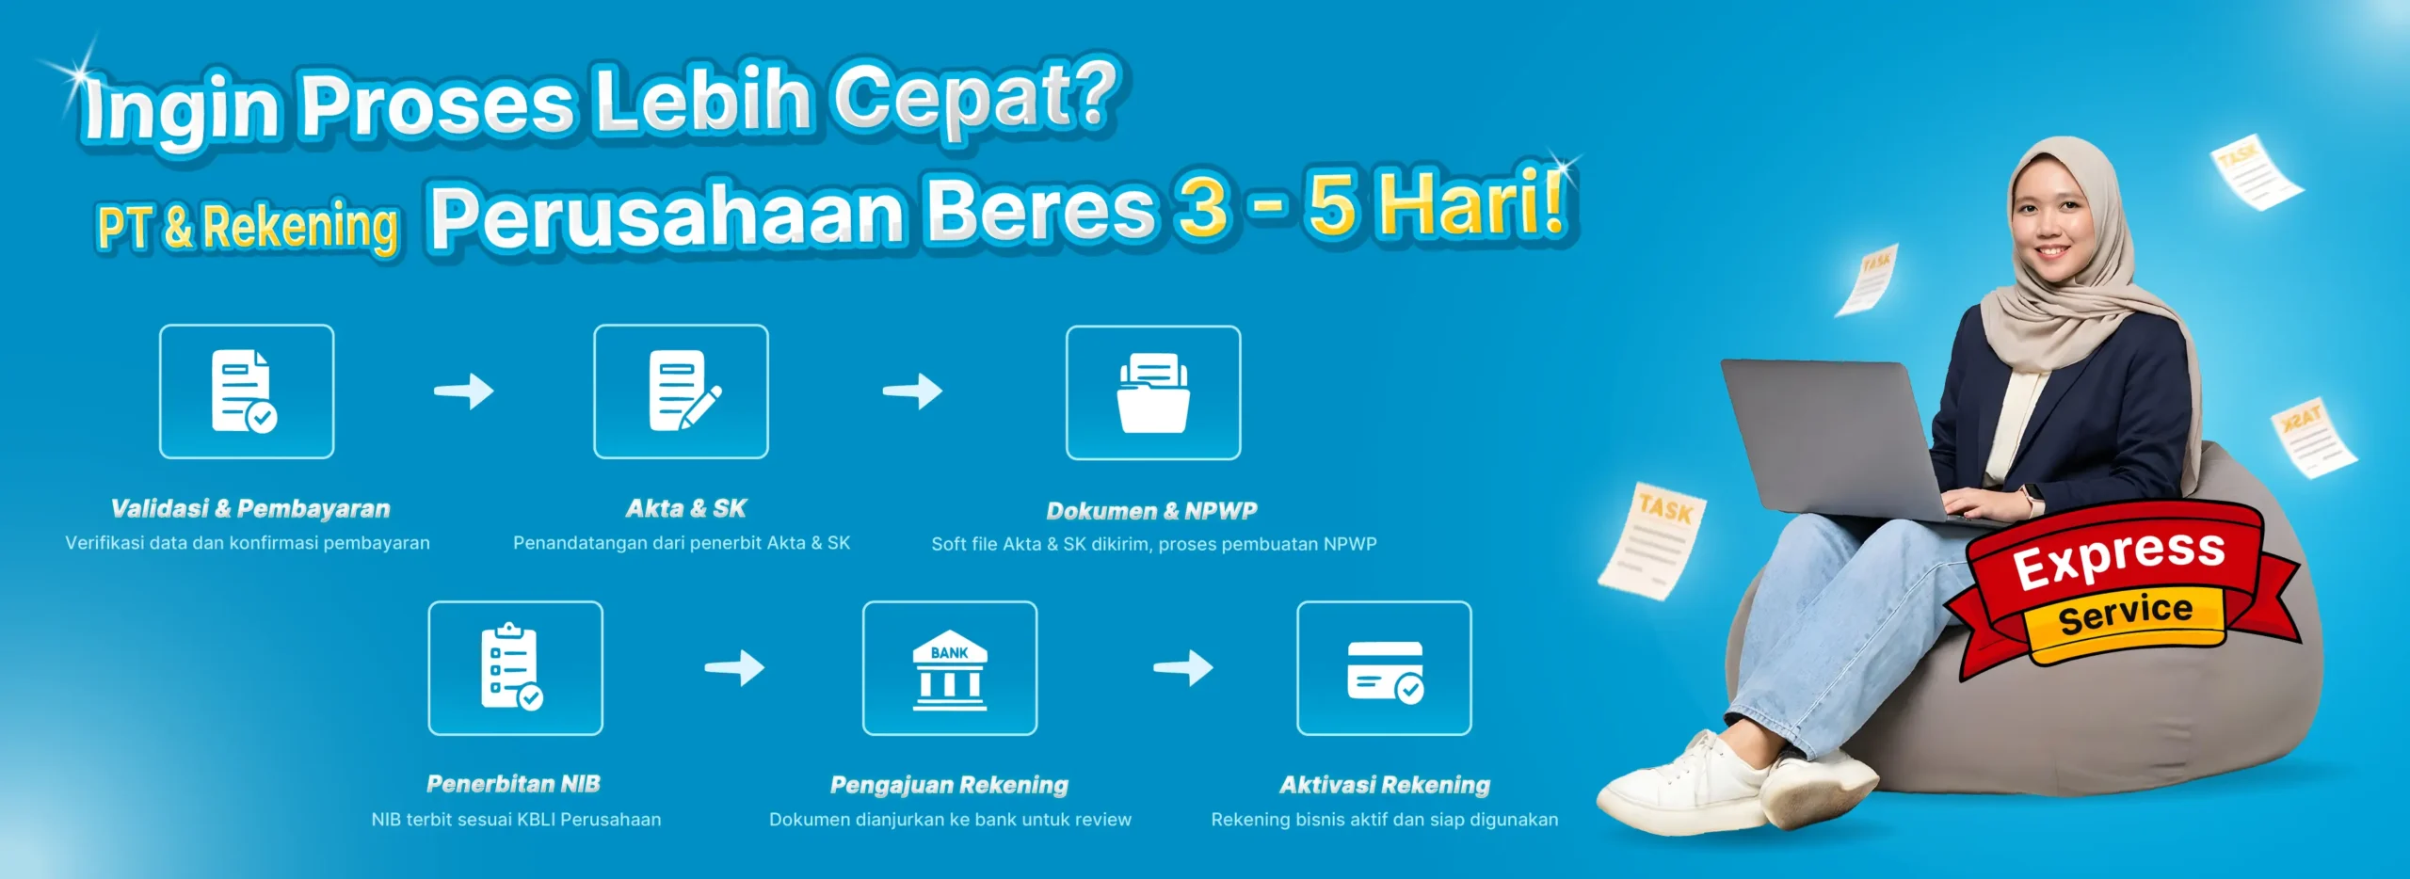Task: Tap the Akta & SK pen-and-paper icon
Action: (682, 392)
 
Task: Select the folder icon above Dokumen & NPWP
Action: (1153, 392)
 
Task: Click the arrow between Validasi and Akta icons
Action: (463, 391)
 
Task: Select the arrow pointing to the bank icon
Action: (734, 667)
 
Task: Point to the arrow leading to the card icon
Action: (1183, 667)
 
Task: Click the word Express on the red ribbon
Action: (2119, 556)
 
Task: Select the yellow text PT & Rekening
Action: (248, 227)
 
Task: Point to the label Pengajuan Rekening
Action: (949, 785)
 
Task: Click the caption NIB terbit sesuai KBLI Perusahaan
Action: (516, 820)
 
